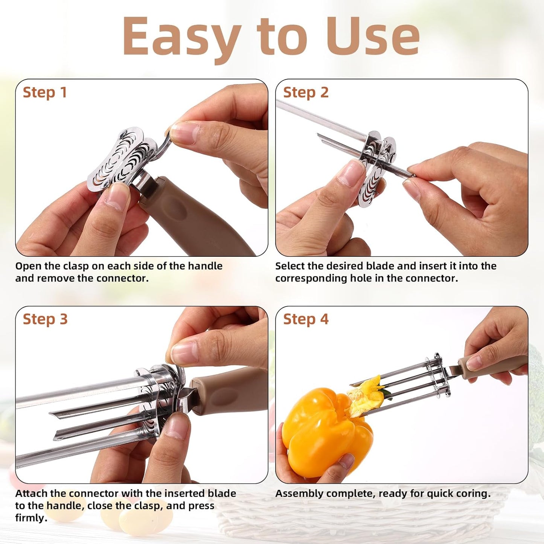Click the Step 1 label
[45, 93]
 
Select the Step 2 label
[306, 93]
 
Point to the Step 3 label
[45, 319]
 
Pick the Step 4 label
[306, 319]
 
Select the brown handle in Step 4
[493, 363]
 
